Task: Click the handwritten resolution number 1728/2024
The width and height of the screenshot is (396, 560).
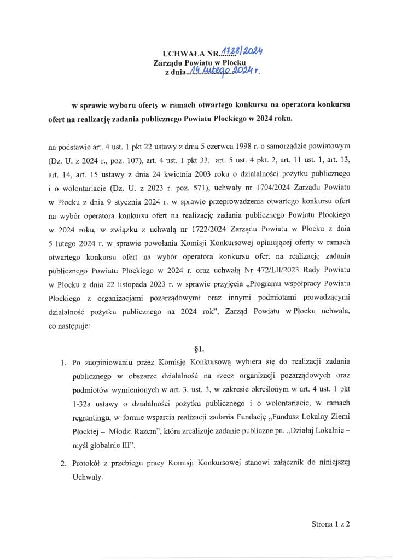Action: pos(242,52)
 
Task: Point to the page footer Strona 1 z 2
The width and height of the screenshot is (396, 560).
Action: pos(330,523)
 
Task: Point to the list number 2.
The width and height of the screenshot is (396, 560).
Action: pos(63,464)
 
